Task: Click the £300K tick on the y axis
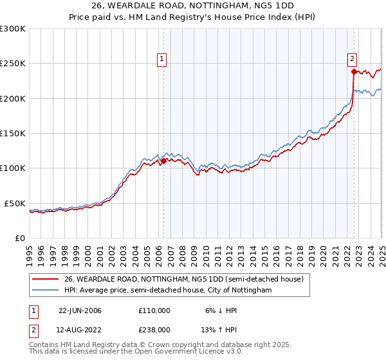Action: tap(13, 29)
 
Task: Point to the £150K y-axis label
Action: tap(13, 134)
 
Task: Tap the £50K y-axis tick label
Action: tap(15, 203)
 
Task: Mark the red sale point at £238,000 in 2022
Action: tap(354, 72)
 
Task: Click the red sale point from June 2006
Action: tap(163, 161)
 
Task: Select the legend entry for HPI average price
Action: tap(167, 291)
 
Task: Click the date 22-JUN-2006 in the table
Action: tap(80, 310)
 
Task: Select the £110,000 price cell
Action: tap(154, 310)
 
